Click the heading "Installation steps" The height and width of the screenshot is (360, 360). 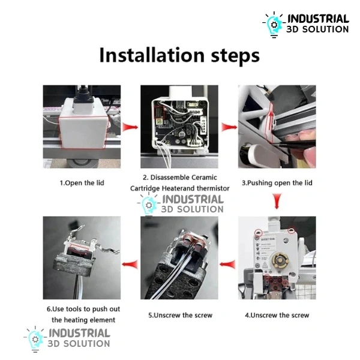point(179,55)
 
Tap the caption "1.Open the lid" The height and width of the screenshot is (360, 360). point(82,183)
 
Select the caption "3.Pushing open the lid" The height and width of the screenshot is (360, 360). point(277,183)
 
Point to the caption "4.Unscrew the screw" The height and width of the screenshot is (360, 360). point(277,315)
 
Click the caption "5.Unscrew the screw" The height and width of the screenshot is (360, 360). point(180,315)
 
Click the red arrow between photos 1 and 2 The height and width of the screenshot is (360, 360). point(130,127)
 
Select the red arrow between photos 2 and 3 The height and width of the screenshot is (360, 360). point(229,127)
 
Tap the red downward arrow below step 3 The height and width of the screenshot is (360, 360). point(277,201)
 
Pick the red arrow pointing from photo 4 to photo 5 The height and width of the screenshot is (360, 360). point(227,265)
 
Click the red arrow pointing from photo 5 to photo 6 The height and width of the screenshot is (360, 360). point(130,264)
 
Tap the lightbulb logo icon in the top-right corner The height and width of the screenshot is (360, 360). point(274,25)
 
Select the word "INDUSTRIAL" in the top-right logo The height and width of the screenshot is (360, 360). point(318,19)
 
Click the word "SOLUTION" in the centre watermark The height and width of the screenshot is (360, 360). point(200,209)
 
